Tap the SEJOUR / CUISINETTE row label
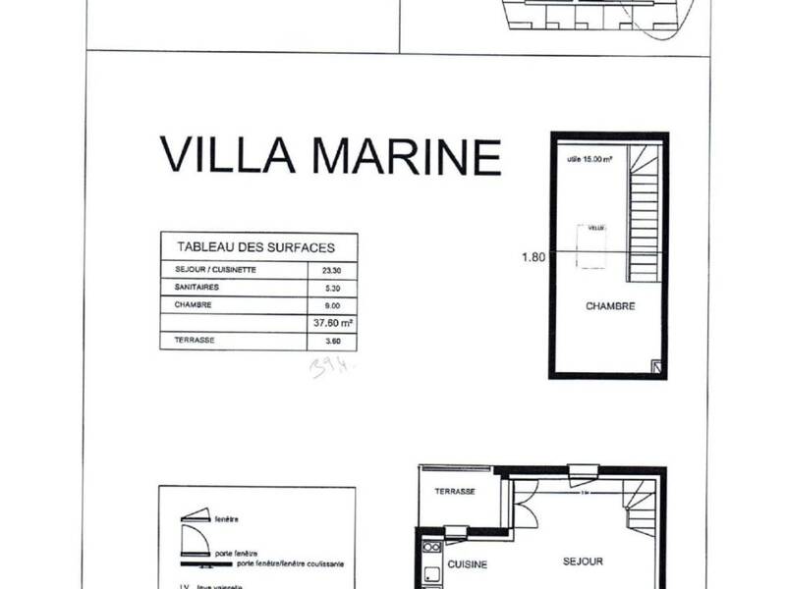click(215, 270)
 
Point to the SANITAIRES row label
click(197, 288)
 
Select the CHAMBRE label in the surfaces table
click(194, 305)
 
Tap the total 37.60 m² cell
click(332, 323)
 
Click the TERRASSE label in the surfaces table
click(195, 341)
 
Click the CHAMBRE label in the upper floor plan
click(610, 306)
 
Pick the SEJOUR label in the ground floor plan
click(583, 562)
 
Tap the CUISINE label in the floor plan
click(468, 564)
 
